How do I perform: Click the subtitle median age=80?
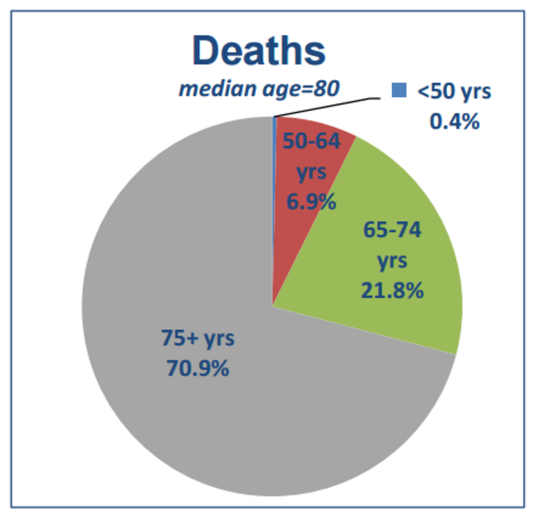(x=258, y=88)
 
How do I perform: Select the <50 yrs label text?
(x=453, y=91)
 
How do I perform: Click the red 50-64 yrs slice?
(x=307, y=205)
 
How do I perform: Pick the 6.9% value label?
(x=310, y=199)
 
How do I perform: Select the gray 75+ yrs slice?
(x=205, y=410)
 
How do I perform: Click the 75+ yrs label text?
(x=195, y=337)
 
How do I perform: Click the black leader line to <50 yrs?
(x=328, y=107)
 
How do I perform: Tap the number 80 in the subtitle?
(x=322, y=88)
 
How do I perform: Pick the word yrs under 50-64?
(x=310, y=170)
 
